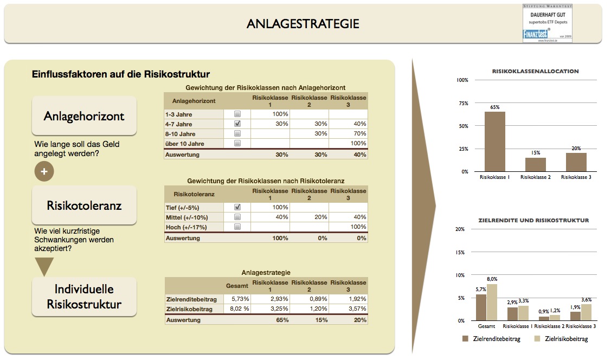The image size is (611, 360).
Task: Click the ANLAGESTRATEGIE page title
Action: coord(303,24)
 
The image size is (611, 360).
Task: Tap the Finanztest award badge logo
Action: coord(547,23)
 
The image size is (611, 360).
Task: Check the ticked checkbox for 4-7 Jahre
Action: coord(237,124)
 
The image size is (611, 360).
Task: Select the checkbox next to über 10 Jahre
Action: coord(237,143)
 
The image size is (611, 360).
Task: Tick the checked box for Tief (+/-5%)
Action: coord(237,207)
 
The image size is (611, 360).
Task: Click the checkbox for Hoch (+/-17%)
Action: coord(237,227)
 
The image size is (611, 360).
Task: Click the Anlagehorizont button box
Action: coord(84,116)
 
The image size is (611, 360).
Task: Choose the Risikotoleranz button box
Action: coord(84,205)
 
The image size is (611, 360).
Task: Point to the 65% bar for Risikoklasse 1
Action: coord(494,142)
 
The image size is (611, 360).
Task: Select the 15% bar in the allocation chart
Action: coord(535,164)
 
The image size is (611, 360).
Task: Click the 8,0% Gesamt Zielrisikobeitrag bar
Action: coord(492,302)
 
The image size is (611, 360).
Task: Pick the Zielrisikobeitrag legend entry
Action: coord(561,339)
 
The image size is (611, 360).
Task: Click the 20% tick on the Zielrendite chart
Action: coord(460,229)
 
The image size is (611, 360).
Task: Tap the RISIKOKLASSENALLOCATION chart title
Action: coord(535,71)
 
